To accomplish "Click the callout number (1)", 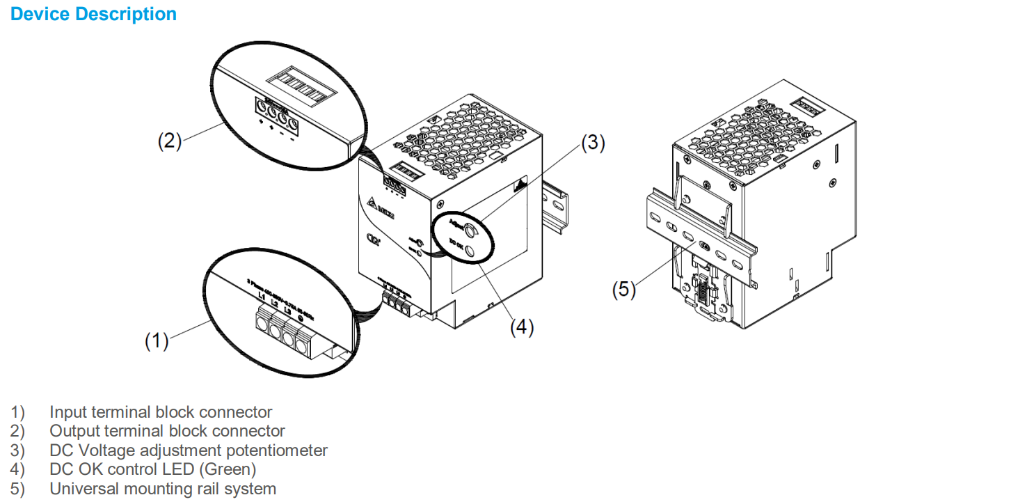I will click(157, 341).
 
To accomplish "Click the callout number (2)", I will click(169, 141).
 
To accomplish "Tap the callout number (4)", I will click(522, 327).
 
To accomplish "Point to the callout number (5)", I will click(623, 290).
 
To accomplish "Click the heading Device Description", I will click(93, 14).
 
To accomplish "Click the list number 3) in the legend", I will click(17, 450).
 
